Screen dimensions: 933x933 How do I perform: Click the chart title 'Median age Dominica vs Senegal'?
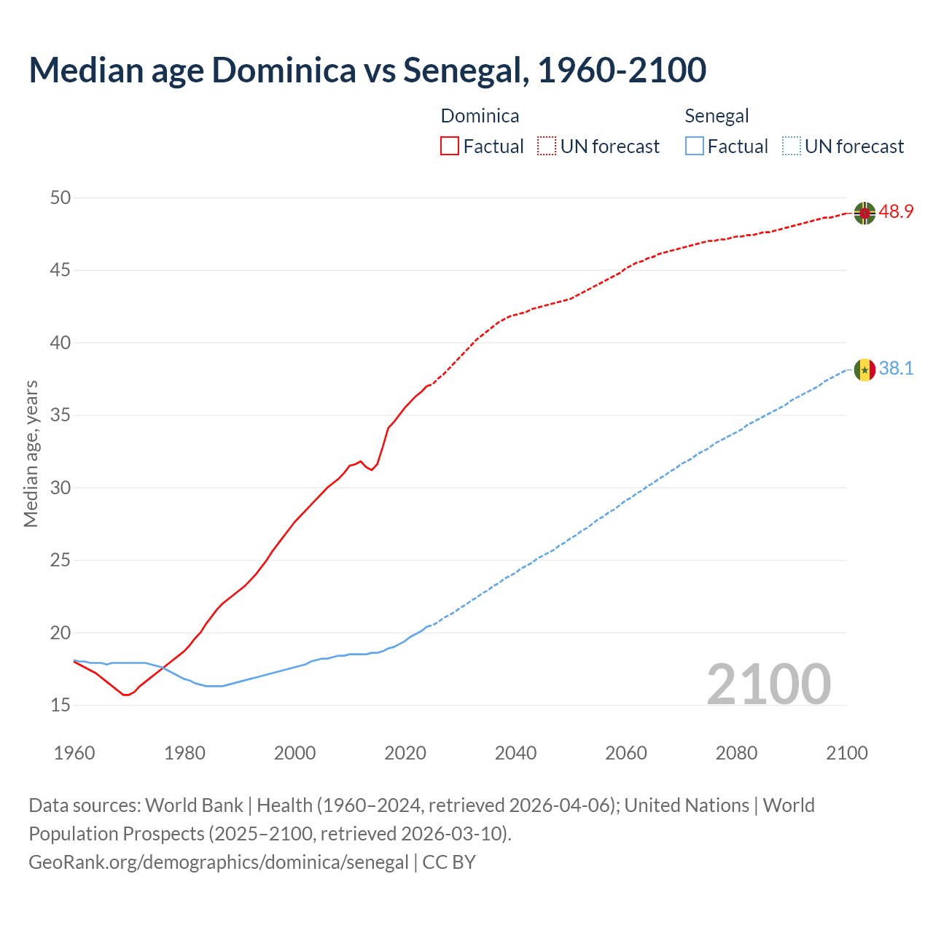367,71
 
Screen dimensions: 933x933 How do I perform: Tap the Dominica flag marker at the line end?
864,213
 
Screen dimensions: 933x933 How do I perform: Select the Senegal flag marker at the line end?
864,370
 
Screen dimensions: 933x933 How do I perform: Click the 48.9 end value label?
896,212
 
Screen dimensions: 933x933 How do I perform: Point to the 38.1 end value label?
896,369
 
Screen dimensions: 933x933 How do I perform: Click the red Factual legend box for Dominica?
450,147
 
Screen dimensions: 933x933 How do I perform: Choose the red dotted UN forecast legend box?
547,147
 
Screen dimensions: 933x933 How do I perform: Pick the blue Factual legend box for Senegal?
695,147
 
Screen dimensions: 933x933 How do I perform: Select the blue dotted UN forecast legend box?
791,147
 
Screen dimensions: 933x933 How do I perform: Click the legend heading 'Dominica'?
480,117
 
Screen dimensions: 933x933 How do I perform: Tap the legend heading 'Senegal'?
717,117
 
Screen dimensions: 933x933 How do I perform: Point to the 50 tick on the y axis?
60,198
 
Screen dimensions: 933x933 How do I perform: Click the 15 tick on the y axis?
60,706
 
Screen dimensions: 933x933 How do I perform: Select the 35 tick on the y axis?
60,415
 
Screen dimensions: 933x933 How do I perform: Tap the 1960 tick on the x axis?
74,753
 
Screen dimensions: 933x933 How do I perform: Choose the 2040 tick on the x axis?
515,753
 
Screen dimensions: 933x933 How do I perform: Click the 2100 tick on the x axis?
846,753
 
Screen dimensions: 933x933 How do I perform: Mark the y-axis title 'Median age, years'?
31,453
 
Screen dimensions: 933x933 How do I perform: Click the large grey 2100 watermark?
768,684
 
